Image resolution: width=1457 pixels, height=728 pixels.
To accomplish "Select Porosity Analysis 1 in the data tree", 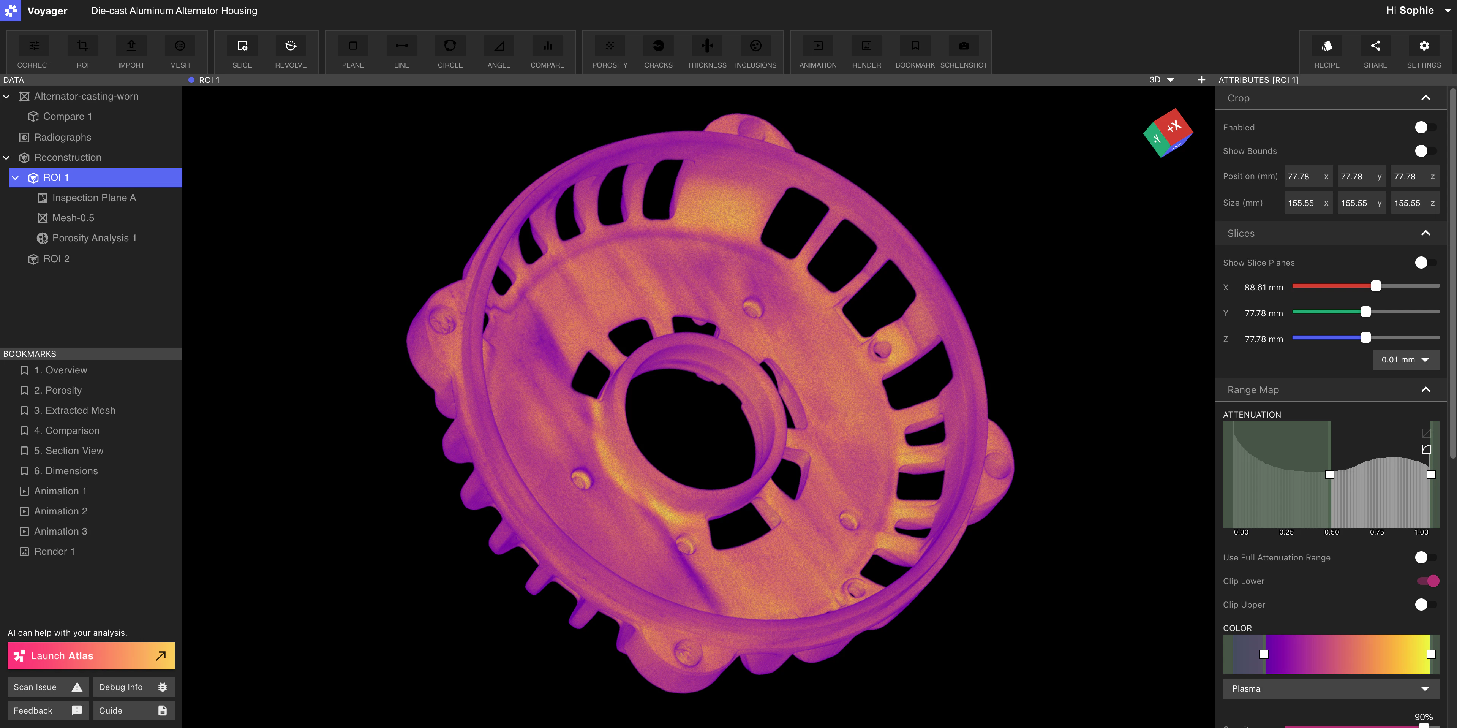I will [x=94, y=238].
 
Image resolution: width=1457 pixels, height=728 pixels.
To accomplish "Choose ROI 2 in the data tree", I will [x=56, y=258].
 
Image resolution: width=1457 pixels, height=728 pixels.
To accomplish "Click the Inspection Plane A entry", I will [x=94, y=198].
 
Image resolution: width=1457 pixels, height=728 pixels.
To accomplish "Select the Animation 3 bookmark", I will [x=60, y=531].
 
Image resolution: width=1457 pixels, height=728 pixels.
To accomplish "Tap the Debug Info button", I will [x=133, y=687].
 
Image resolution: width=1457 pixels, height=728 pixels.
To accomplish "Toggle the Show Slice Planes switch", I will [x=1425, y=263].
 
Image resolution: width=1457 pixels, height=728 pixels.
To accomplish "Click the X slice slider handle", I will [x=1376, y=286].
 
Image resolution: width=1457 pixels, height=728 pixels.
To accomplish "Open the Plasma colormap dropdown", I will [x=1330, y=688].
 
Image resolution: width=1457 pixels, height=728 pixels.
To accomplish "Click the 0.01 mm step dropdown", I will [x=1405, y=360].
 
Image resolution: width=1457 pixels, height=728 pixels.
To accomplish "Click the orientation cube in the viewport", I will [x=1168, y=133].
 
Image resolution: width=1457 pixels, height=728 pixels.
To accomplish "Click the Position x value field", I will [x=1303, y=176].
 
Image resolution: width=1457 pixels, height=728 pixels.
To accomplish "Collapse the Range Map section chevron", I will [x=1425, y=390].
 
